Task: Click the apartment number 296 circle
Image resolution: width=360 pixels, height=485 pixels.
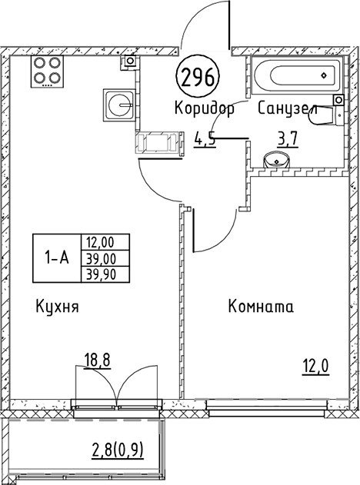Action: point(197,77)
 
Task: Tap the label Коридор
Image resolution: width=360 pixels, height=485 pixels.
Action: point(205,108)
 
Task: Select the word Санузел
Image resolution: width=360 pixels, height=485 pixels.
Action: point(288,108)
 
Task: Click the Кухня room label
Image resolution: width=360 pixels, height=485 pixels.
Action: point(58,307)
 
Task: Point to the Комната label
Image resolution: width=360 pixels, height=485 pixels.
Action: point(261,307)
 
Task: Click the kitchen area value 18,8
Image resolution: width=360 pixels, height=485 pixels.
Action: point(97,360)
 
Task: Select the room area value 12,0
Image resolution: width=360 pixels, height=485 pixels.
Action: point(315,367)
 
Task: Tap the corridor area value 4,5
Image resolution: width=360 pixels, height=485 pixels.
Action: point(205,141)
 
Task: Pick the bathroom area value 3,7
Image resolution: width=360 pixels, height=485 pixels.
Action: point(288,140)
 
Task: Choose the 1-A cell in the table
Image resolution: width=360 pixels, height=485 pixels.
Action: point(57,258)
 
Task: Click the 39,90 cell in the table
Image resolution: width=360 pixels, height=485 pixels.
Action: point(105,274)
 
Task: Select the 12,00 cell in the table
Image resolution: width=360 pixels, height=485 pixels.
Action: point(105,242)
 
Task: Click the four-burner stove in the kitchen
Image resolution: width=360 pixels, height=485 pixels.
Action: point(47,71)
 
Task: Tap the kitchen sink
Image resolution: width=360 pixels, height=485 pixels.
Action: point(119,105)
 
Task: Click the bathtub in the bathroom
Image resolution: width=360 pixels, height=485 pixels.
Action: point(296,75)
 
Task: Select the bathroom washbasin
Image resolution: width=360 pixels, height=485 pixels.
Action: point(276,160)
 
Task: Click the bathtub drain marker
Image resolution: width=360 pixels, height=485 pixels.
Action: point(324,75)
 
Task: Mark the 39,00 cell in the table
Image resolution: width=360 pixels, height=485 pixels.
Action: point(105,258)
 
